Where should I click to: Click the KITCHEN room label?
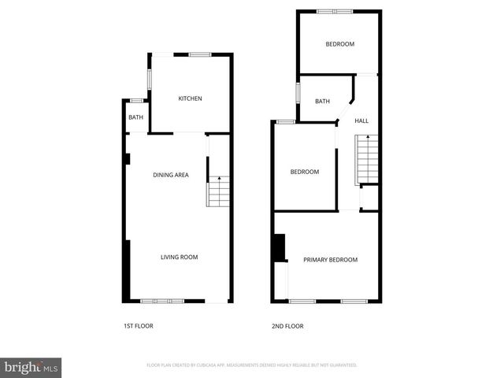190,98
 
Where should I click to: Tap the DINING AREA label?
170,175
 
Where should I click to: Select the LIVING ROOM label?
179,257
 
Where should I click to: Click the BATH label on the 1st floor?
136,118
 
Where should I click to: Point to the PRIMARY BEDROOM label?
330,260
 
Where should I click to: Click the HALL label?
361,120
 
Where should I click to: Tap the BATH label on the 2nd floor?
322,101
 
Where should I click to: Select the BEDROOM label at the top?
340,44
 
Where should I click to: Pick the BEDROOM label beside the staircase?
304,172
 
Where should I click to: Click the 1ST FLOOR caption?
138,326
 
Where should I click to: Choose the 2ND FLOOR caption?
287,326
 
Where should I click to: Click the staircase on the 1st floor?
218,191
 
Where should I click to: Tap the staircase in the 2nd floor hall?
368,158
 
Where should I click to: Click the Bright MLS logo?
31,367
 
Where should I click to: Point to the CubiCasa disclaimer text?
252,365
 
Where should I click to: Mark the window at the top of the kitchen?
199,54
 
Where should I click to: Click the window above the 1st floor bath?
136,101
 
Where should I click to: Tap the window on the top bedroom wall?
335,11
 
